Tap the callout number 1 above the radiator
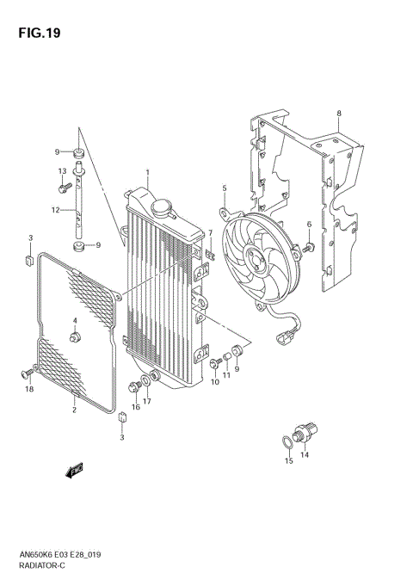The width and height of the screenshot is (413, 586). pos(147,173)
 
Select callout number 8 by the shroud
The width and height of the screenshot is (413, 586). pos(339,114)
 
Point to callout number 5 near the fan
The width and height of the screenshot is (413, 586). pos(224,188)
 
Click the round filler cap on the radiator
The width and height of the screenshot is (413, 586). pos(162,207)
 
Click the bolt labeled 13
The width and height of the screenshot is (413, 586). pos(63,184)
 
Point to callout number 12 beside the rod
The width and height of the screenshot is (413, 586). pos(53,209)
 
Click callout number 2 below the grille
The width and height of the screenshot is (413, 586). pos(74,410)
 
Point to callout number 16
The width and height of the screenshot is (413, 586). pos(135,406)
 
